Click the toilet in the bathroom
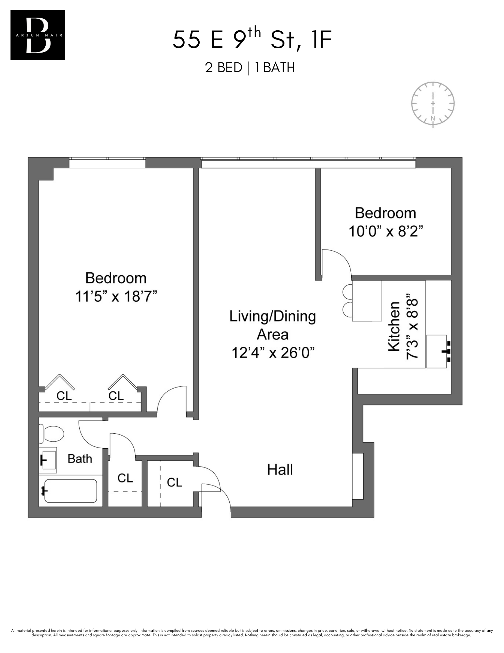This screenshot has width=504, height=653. click(x=52, y=434)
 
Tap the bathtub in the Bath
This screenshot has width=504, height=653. click(x=70, y=491)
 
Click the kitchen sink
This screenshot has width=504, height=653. click(x=436, y=351)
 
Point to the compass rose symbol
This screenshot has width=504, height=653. click(x=433, y=103)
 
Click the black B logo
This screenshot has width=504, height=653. click(x=38, y=35)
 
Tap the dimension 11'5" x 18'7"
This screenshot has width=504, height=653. click(x=116, y=297)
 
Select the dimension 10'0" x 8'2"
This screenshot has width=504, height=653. click(x=386, y=231)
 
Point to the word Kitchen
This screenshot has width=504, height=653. click(x=394, y=326)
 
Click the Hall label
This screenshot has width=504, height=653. click(x=280, y=470)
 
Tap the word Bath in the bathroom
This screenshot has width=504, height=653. click(x=80, y=459)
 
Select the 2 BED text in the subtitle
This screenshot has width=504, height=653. click(x=223, y=68)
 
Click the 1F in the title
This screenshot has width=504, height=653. click(x=321, y=40)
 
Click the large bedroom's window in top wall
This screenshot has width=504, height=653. click(x=107, y=163)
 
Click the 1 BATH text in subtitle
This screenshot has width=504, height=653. click(x=275, y=68)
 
